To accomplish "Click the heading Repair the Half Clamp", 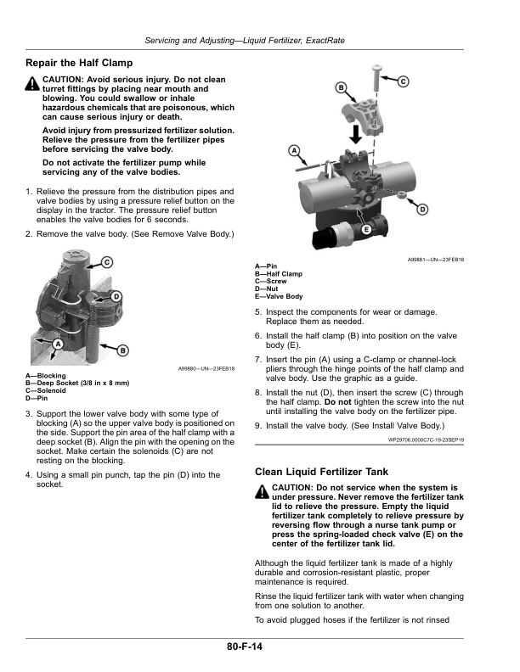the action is tap(79, 63).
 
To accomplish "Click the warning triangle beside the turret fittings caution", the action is tap(32, 83).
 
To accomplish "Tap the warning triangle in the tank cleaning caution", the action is tap(262, 491).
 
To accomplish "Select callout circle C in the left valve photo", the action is tap(107, 262).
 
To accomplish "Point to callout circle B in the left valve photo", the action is tap(123, 350).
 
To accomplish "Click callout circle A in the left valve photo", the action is tap(58, 344).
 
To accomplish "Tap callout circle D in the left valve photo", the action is tap(116, 296).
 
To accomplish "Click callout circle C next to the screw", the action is tap(403, 81).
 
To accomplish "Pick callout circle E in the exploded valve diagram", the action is tap(366, 229).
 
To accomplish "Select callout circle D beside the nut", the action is tap(422, 209).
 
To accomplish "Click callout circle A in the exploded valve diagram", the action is tap(294, 150).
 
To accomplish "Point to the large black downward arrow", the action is tap(356, 134).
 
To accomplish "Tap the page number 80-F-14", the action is tap(245, 647).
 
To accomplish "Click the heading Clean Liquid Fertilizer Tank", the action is tap(321, 472).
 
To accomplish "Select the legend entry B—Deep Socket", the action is tap(77, 384).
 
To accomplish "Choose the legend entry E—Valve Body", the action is tap(279, 296).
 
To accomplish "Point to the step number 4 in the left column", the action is tap(28, 475).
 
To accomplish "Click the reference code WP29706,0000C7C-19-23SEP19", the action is tap(426, 440).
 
